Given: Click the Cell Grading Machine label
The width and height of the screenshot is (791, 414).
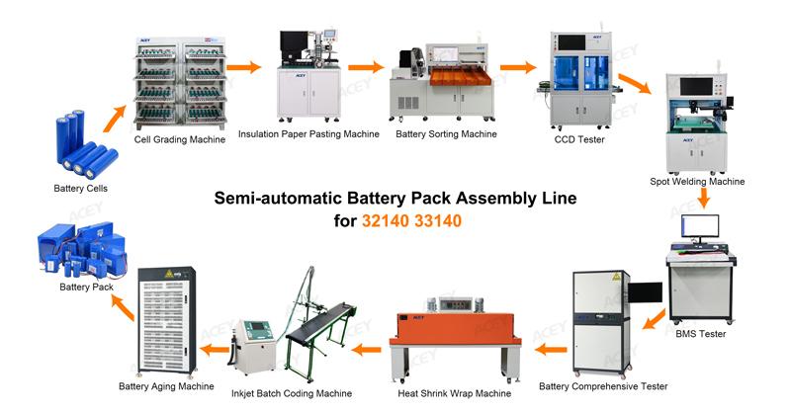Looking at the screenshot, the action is (x=180, y=139).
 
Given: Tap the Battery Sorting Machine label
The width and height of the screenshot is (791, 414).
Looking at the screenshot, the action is (x=446, y=134).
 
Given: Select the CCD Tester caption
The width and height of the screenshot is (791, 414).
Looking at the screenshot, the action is (x=579, y=139).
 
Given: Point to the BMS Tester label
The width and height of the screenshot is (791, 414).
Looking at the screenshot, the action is (x=701, y=334).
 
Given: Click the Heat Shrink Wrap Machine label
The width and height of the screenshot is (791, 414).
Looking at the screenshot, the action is (x=454, y=393).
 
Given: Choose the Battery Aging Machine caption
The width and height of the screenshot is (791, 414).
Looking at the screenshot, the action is (x=166, y=386).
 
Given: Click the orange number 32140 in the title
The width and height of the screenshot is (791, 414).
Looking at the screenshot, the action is (x=385, y=221).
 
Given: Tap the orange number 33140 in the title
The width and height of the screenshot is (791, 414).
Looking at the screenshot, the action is (x=438, y=221).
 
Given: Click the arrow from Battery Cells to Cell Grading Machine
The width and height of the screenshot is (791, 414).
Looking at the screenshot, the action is (x=115, y=119).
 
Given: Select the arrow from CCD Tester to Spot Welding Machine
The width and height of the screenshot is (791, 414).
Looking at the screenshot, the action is (x=635, y=84).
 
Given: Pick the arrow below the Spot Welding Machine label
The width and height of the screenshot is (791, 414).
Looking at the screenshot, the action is (x=703, y=198).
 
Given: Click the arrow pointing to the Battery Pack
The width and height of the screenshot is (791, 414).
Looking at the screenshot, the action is (x=123, y=307).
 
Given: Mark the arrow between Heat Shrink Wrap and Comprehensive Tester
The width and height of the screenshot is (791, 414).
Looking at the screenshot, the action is (x=551, y=349).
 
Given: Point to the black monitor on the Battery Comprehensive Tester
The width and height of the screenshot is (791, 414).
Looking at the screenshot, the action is (x=646, y=293).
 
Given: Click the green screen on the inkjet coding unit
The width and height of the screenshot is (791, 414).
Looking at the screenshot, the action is (x=258, y=326).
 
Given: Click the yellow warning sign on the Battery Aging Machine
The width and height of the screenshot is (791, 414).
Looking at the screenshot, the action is (x=169, y=274).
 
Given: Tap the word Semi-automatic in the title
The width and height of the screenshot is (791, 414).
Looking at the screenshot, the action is (x=279, y=198).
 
